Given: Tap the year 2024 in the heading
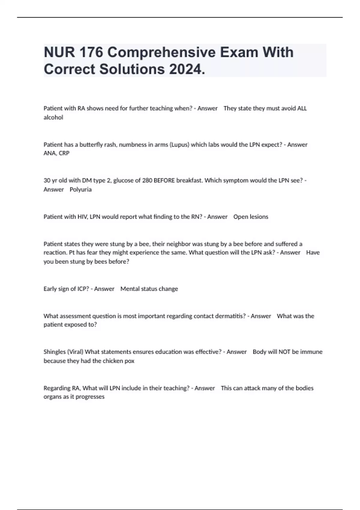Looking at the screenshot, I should tap(187, 69).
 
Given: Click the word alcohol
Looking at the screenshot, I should tap(53, 118).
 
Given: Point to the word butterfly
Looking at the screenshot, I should tap(91, 145).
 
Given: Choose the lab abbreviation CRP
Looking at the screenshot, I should tap(64, 153).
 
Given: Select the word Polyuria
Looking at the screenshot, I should tap(80, 190).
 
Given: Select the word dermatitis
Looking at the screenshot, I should tap(230, 316).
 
